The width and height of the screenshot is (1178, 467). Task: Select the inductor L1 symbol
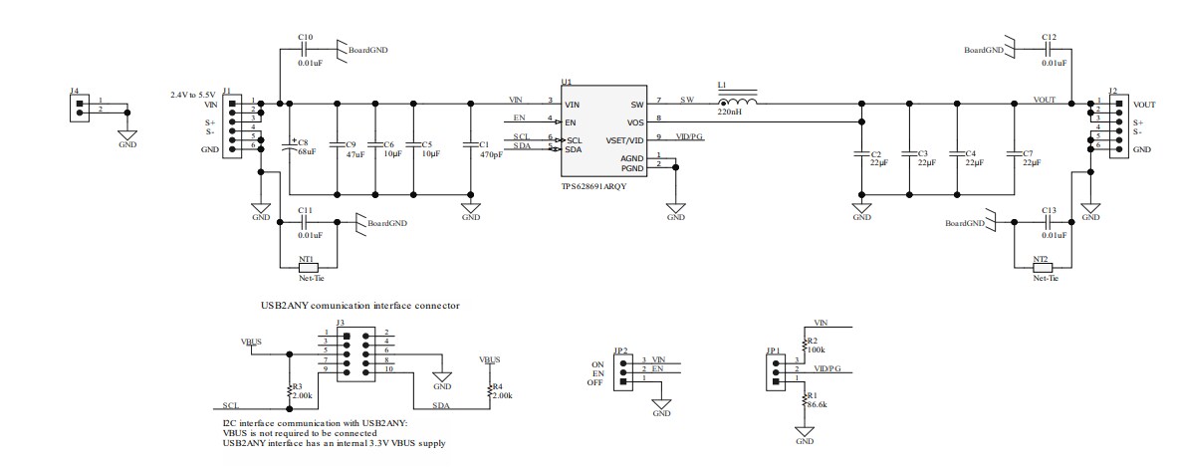click(x=737, y=102)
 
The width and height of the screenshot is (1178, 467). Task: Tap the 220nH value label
click(x=729, y=115)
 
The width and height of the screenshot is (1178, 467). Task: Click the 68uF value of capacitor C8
click(x=307, y=151)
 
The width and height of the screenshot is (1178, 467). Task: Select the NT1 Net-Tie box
click(x=308, y=267)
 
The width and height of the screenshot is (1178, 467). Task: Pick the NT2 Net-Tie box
click(x=1041, y=267)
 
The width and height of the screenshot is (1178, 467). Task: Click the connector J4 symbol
click(x=79, y=107)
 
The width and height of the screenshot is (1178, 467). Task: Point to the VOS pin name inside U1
click(x=636, y=121)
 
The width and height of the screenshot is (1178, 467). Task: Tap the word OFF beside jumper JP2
click(x=595, y=382)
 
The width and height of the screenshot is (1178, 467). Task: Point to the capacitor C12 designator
click(x=1049, y=37)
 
